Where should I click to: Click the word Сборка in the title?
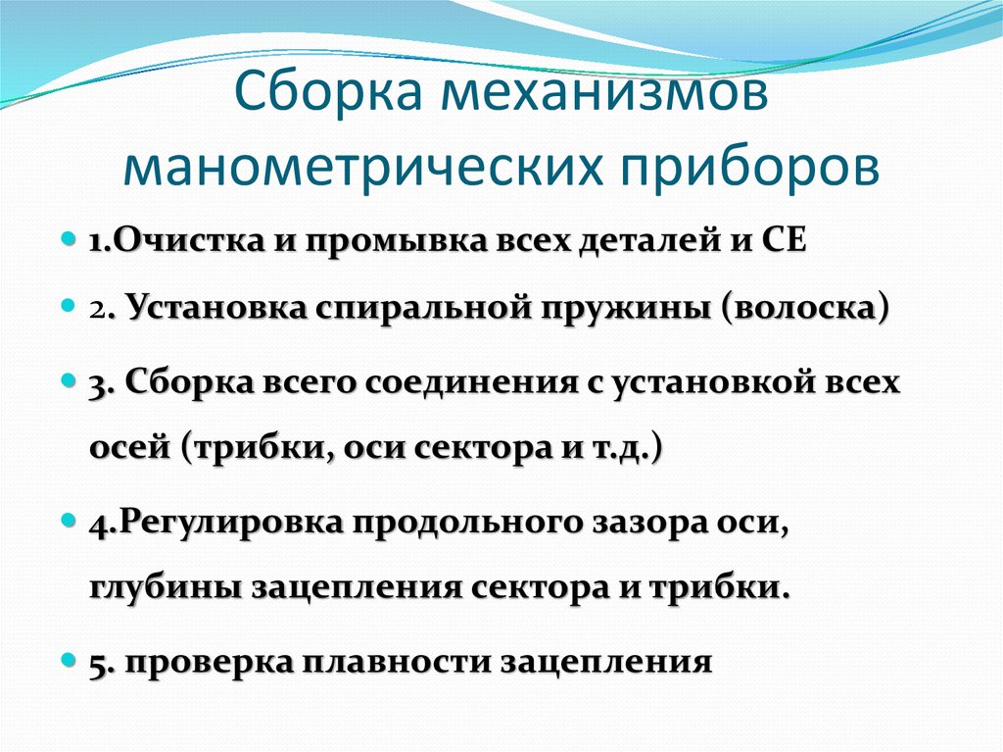pyautogui.click(x=326, y=99)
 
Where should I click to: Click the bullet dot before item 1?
pyautogui.click(x=69, y=239)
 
